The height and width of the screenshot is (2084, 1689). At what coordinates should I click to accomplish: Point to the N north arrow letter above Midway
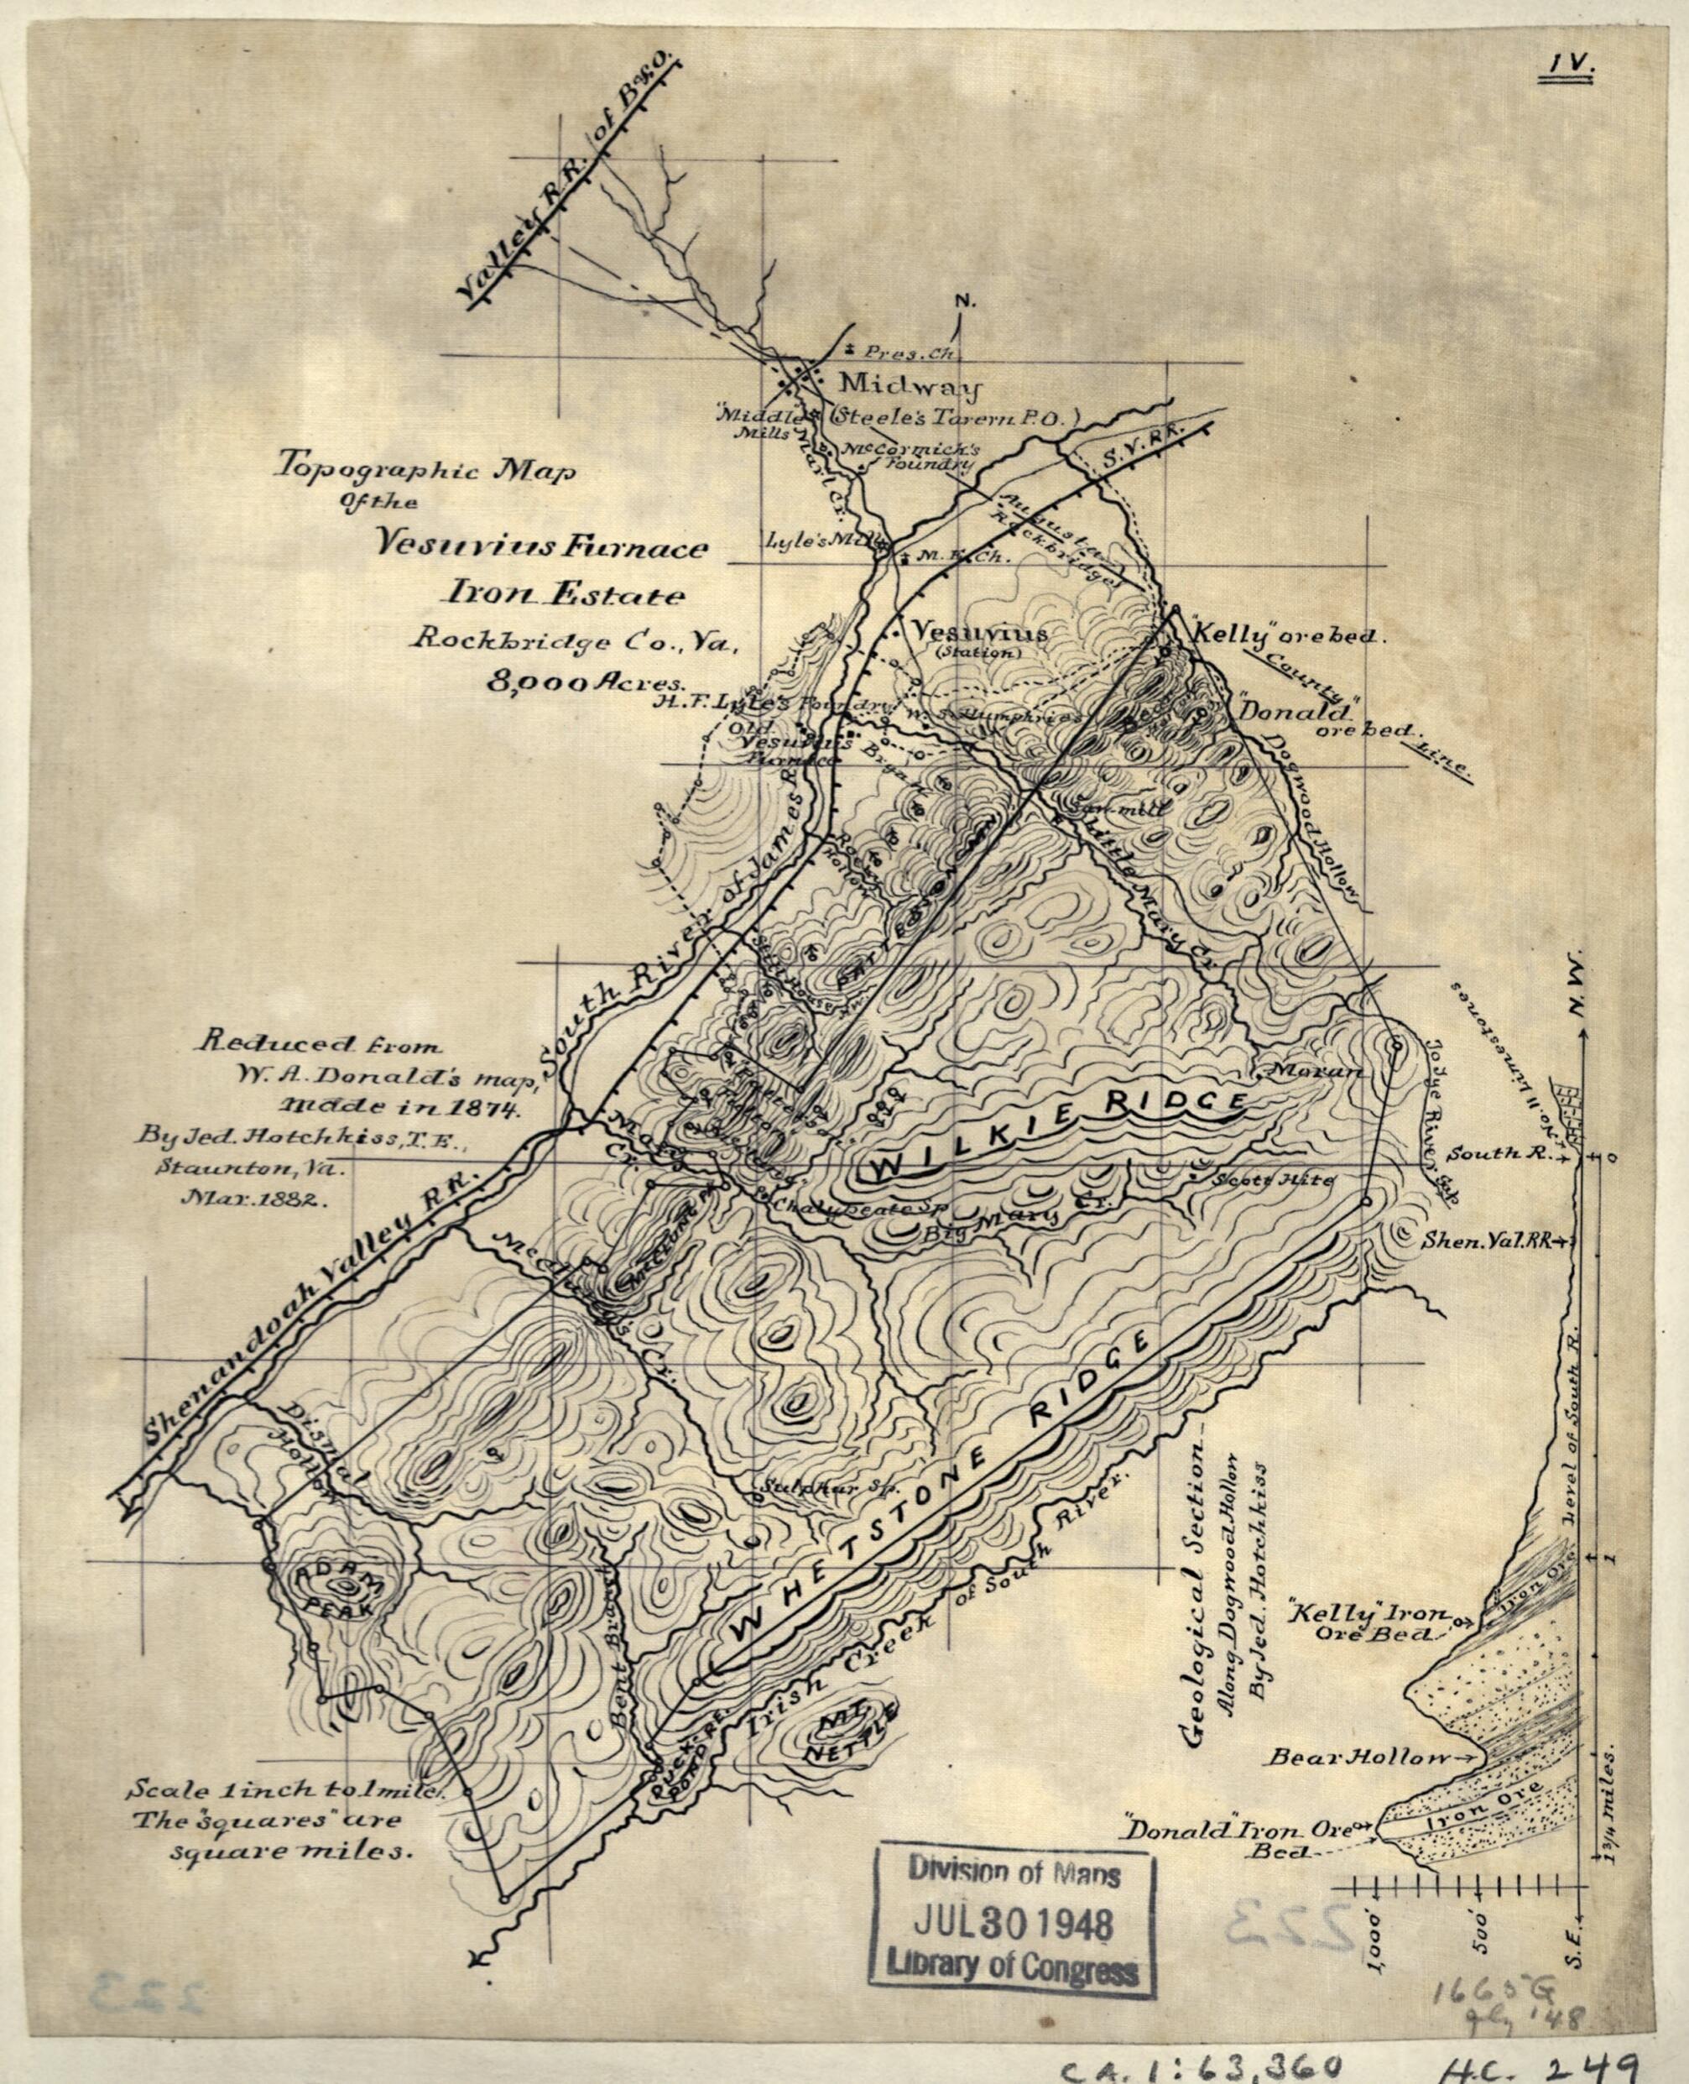pyautogui.click(x=963, y=303)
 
